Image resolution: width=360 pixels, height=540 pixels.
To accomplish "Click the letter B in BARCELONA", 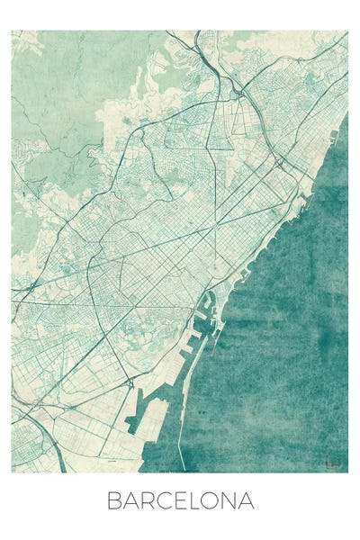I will pyautogui.click(x=114, y=501).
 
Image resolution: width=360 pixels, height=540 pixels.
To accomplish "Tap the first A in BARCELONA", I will pyautogui.click(x=132, y=501).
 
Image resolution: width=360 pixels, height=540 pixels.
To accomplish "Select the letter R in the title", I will pyautogui.click(x=149, y=501).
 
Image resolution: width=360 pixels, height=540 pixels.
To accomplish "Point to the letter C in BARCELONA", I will pyautogui.click(x=166, y=501).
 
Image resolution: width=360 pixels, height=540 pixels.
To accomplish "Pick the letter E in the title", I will pyautogui.click(x=183, y=501).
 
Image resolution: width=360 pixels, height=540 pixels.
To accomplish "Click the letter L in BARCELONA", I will pyautogui.click(x=196, y=501).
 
